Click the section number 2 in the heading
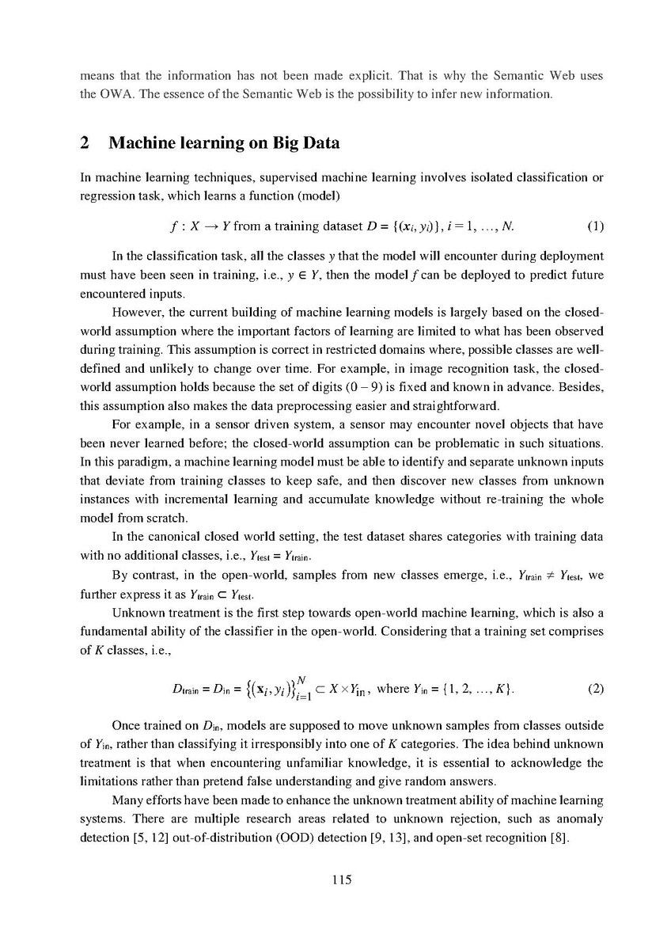coord(85,143)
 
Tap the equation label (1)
coord(595,226)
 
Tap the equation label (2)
coord(595,688)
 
